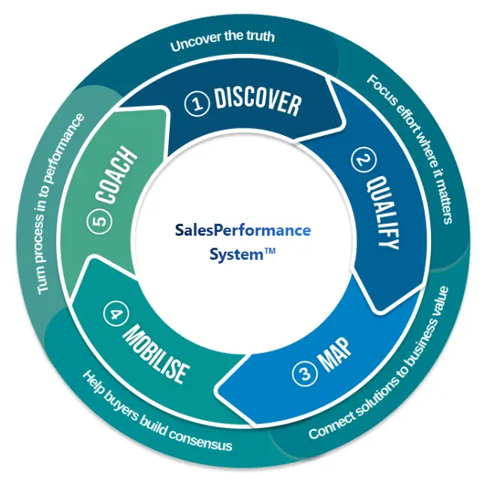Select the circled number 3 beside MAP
304,370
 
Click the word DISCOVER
257,101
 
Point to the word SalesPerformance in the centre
243,230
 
